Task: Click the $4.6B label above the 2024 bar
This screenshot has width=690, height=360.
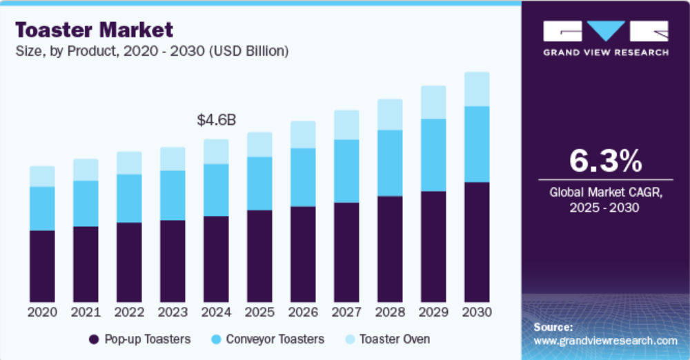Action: click(216, 120)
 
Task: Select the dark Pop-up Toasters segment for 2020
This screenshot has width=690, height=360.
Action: click(42, 266)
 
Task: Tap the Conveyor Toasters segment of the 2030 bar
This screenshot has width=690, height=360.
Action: click(477, 144)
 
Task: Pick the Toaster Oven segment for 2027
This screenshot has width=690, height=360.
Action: click(347, 125)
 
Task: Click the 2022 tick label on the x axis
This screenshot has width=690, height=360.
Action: click(130, 312)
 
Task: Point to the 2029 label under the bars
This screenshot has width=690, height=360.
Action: click(433, 312)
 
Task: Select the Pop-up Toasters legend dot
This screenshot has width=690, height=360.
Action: click(94, 339)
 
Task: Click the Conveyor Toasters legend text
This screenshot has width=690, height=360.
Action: click(275, 339)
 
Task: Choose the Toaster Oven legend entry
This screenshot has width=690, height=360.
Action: click(388, 339)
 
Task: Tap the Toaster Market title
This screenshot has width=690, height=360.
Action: click(94, 30)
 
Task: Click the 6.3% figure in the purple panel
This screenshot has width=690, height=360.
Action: click(606, 161)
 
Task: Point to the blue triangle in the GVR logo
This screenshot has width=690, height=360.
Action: click(606, 30)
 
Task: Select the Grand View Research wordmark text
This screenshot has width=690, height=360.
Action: click(606, 52)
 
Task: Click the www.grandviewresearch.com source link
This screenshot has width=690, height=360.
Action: click(606, 341)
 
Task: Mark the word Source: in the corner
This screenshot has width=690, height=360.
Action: click(553, 327)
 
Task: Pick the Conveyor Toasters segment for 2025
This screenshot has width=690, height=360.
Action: click(259, 183)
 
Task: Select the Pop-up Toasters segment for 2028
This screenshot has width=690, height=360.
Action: click(390, 249)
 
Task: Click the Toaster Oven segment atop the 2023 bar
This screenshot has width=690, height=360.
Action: click(173, 159)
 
